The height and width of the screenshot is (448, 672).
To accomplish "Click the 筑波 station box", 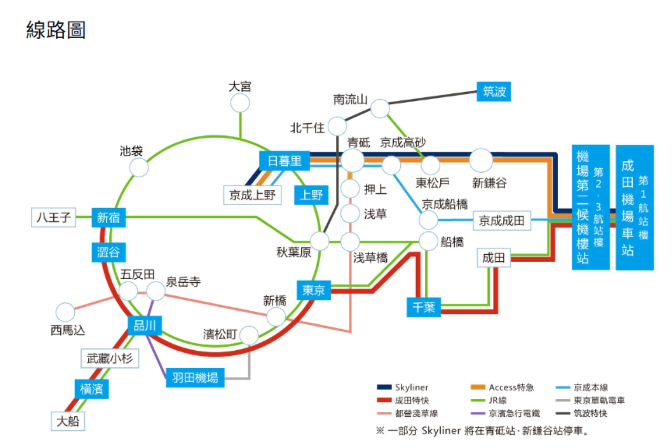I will tap(493, 92).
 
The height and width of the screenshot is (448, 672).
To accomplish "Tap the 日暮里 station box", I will tap(284, 161).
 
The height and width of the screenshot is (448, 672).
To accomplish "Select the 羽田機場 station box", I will tap(195, 378).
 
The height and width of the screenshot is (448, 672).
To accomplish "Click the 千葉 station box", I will tap(423, 307).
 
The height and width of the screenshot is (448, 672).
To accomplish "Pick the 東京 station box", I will tap(313, 290).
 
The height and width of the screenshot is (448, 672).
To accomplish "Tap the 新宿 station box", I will tap(109, 218).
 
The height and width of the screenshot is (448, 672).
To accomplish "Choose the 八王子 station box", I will tap(54, 217).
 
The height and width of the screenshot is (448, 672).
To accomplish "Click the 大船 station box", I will tap(68, 421).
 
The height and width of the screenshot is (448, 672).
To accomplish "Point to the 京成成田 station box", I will tap(502, 220).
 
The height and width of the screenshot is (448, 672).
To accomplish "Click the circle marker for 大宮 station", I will tap(240, 103).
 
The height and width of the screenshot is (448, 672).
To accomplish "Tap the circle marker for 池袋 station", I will tap(139, 167).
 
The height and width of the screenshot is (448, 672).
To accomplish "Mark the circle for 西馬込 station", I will tap(65, 312).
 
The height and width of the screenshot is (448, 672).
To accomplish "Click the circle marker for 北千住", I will tap(337, 126).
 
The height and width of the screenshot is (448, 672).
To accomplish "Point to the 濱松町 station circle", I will tap(249, 335).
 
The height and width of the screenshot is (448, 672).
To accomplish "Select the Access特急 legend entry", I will tap(502, 387).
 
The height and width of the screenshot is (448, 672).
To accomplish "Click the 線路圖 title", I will tap(56, 30).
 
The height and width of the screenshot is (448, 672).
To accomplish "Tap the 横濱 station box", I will tap(91, 389).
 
